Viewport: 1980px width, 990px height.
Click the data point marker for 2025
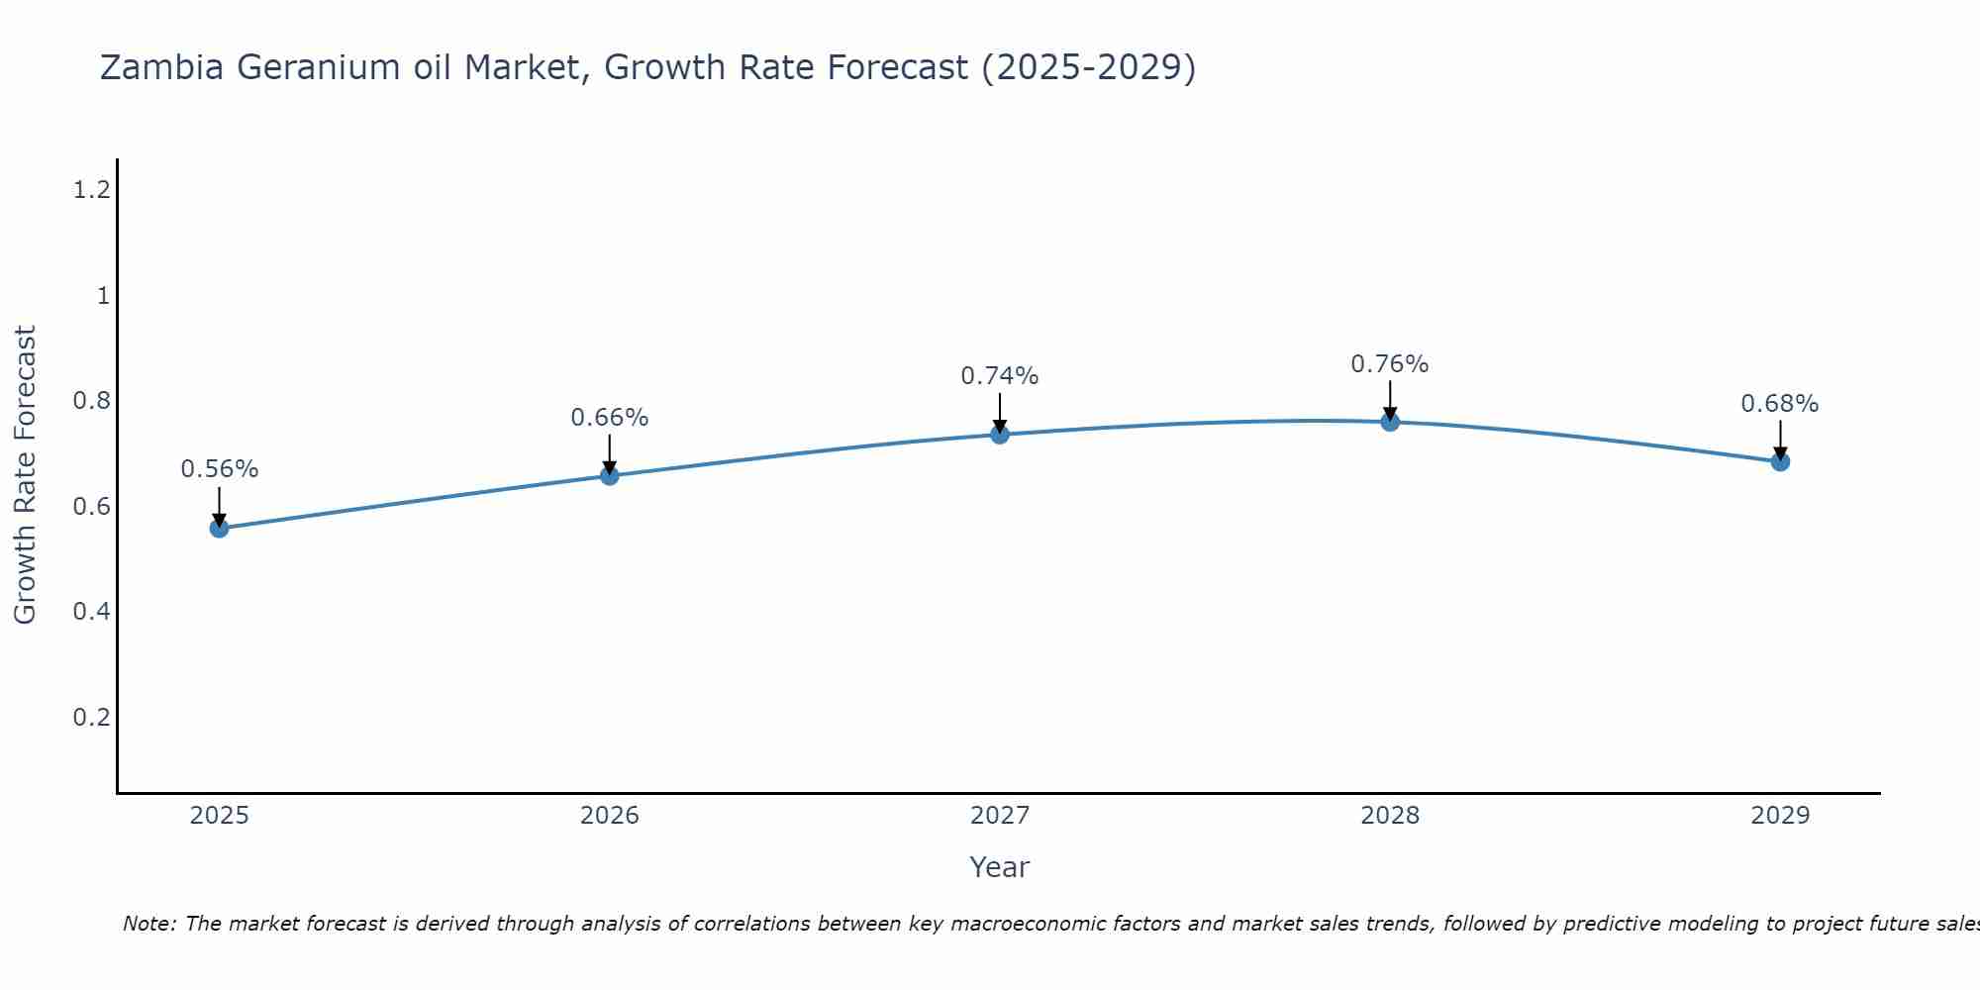point(219,529)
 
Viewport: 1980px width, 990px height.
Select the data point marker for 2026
point(609,476)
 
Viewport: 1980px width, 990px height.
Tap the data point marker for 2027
point(999,435)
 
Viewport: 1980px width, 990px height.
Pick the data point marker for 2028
point(1389,423)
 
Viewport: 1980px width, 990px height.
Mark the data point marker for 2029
point(1779,462)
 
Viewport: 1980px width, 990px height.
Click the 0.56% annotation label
point(219,469)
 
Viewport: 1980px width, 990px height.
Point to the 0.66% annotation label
point(609,418)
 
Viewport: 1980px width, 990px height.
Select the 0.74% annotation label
point(999,376)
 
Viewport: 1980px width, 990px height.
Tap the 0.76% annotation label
point(1389,364)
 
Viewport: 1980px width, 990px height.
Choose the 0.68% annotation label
point(1779,404)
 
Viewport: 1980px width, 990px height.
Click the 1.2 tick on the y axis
point(91,190)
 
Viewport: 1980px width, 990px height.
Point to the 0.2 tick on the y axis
point(91,717)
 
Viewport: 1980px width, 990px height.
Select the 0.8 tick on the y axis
point(91,401)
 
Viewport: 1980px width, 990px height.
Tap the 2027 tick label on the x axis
point(999,816)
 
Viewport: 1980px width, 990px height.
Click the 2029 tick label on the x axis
point(1779,816)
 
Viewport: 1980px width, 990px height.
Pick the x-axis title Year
point(999,867)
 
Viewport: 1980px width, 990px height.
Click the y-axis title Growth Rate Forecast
point(25,475)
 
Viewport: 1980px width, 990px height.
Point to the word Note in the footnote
point(148,924)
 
